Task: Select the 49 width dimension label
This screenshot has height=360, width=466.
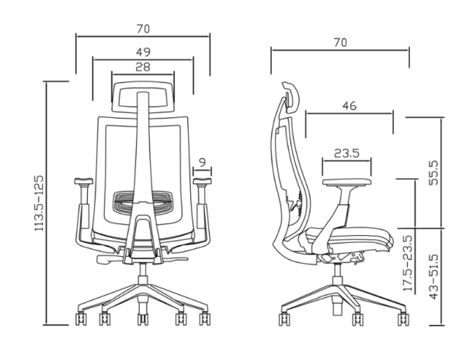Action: coord(142,51)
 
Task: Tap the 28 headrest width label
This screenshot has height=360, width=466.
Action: coord(142,67)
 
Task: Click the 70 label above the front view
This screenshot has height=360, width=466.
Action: coord(142,29)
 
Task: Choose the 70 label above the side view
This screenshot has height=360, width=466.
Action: coord(339,42)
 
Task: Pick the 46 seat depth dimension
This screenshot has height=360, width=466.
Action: coord(349,106)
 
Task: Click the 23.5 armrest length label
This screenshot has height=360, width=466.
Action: coord(346,153)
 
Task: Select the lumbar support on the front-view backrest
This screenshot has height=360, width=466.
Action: coord(142,204)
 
